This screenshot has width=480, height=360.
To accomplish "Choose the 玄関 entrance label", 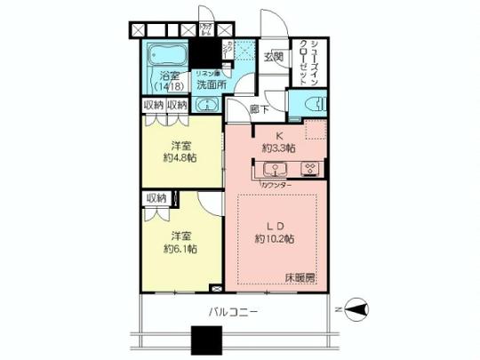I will point(273,59).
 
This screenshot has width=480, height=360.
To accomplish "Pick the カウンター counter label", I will point(276,185).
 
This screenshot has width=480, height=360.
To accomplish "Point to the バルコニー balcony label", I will point(234,312).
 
